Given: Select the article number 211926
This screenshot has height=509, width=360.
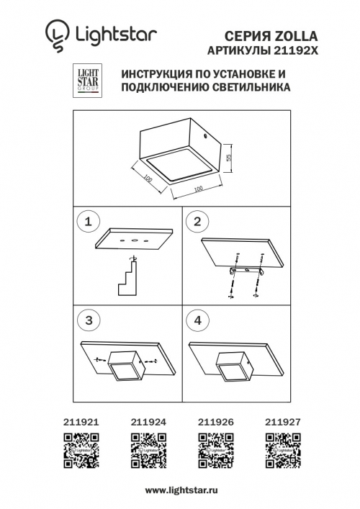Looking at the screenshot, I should pyautogui.click(x=212, y=425).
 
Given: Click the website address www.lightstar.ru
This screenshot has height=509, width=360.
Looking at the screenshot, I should pyautogui.click(x=179, y=490).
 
